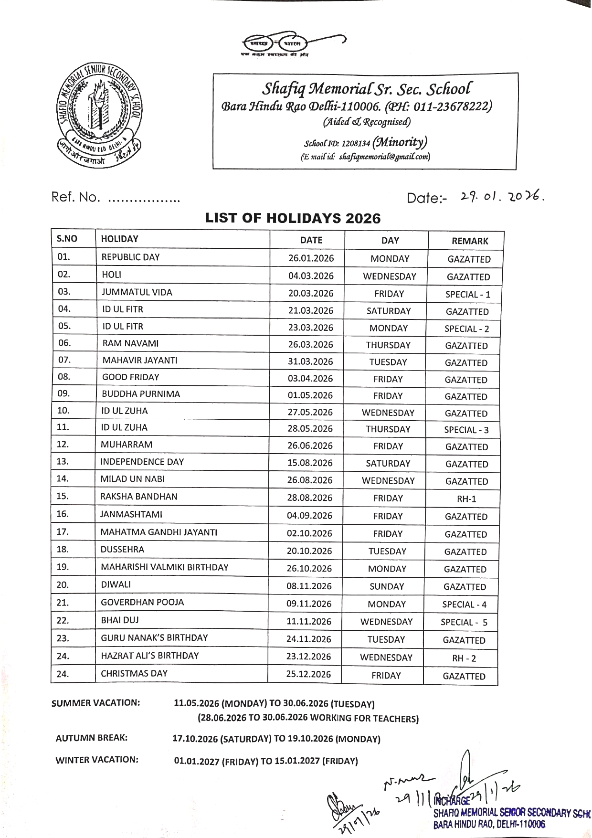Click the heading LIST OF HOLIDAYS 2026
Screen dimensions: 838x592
pyautogui.click(x=293, y=218)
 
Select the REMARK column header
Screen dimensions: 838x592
pyautogui.click(x=470, y=241)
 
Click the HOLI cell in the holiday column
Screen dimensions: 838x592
pyautogui.click(x=112, y=275)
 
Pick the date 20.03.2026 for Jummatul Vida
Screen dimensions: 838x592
pyautogui.click(x=311, y=293)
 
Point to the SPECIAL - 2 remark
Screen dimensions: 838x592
pyautogui.click(x=466, y=329)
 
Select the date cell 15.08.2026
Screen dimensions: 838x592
pyautogui.click(x=310, y=463)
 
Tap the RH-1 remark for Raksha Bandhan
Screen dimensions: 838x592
pyautogui.click(x=466, y=499)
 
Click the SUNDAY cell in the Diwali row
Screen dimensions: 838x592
pyautogui.click(x=387, y=586)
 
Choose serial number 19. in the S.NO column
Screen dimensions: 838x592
pyautogui.click(x=63, y=567)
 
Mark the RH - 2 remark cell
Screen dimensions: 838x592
pyautogui.click(x=464, y=658)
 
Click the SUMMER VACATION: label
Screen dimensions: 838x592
pyautogui.click(x=95, y=703)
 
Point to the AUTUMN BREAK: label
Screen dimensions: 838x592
pyautogui.click(x=92, y=738)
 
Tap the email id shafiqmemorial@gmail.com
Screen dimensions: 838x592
pyautogui.click(x=384, y=157)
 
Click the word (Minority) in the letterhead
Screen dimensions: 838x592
pyautogui.click(x=400, y=142)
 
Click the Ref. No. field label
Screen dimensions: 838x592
pyautogui.click(x=75, y=197)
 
